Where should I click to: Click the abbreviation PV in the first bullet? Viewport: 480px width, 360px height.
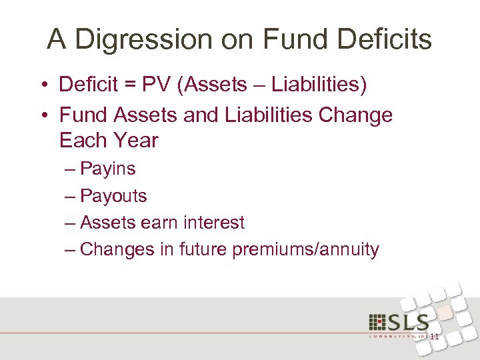pyautogui.click(x=164, y=85)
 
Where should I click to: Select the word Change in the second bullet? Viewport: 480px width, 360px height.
pyautogui.click(x=355, y=115)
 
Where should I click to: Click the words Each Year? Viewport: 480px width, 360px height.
pyautogui.click(x=109, y=141)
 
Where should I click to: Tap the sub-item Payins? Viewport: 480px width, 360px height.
pyautogui.click(x=107, y=169)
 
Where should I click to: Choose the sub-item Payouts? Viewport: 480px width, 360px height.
pyautogui.click(x=113, y=196)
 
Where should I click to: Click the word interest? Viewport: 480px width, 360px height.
pyautogui.click(x=213, y=223)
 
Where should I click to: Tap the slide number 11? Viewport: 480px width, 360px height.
pyautogui.click(x=434, y=337)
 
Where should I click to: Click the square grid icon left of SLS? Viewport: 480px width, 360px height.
pyautogui.click(x=378, y=322)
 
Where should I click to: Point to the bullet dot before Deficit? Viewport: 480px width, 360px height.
pyautogui.click(x=43, y=85)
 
